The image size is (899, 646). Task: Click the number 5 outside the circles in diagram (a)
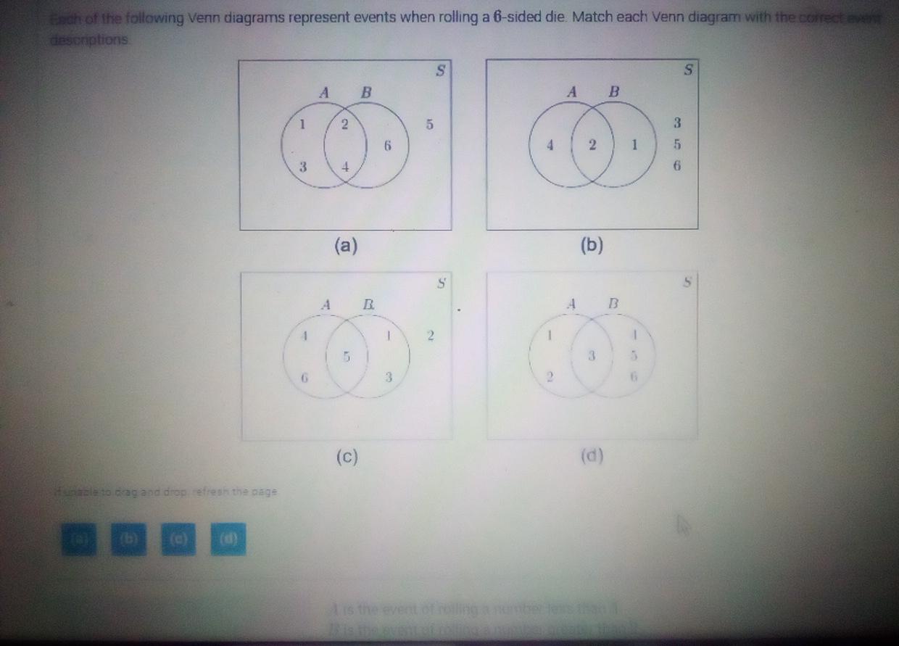tap(429, 124)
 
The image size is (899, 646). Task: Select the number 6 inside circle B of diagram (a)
tap(388, 146)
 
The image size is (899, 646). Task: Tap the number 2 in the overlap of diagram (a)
tap(345, 124)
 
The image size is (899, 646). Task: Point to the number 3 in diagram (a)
tap(304, 167)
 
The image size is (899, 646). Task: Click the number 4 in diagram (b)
tap(551, 144)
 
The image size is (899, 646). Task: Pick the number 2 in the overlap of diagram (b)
tap(592, 144)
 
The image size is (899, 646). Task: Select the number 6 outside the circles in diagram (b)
tap(677, 165)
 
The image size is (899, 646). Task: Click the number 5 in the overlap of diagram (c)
tap(347, 357)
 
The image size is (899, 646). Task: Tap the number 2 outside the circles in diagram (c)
tap(431, 336)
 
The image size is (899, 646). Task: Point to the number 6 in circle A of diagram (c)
tap(305, 378)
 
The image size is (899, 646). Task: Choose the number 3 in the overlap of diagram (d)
tap(592, 356)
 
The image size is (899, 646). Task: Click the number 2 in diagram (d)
tap(550, 377)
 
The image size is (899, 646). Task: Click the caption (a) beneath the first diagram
tap(346, 246)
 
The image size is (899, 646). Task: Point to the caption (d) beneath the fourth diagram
tap(592, 456)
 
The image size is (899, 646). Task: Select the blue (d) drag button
tap(228, 539)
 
